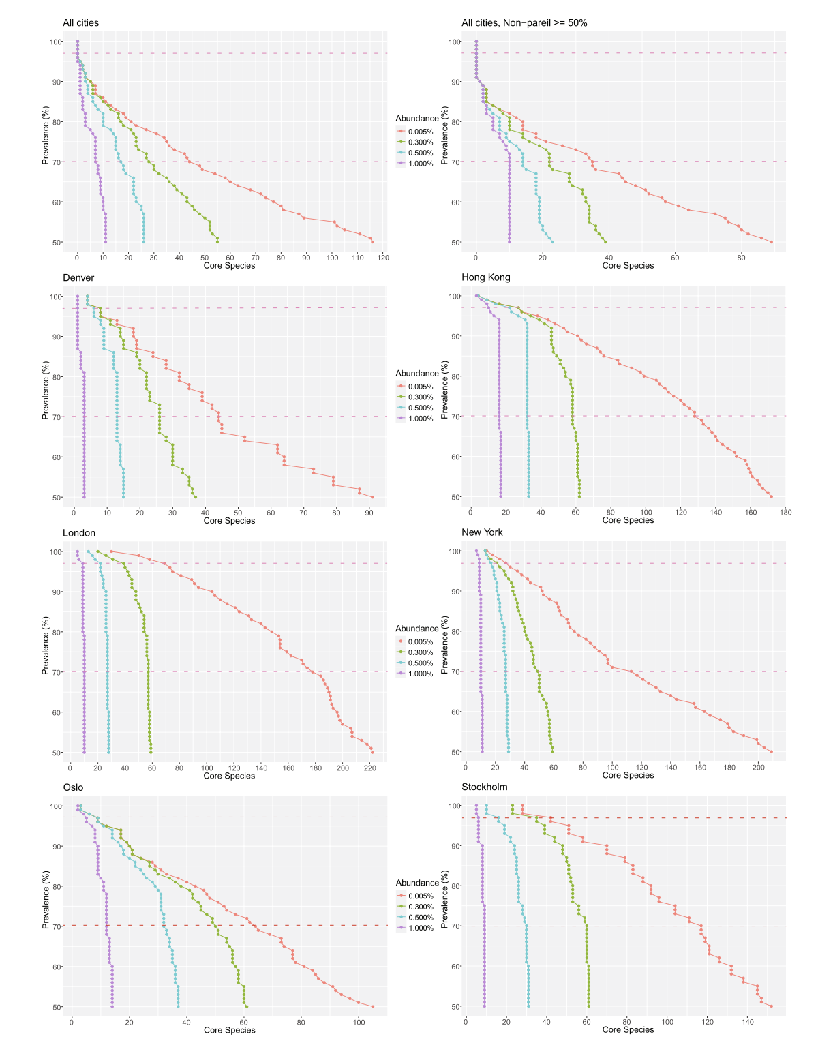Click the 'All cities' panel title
(x=80, y=22)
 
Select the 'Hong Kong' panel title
(x=485, y=277)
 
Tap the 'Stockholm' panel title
(x=484, y=787)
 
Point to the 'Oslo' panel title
(x=73, y=787)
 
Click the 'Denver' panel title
(x=78, y=277)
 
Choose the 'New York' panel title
(x=482, y=532)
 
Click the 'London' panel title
(x=79, y=532)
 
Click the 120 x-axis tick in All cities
(x=382, y=258)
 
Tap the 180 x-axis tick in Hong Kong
(x=785, y=512)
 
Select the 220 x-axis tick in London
(x=370, y=768)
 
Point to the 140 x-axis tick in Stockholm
(x=748, y=1022)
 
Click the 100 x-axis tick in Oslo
(x=359, y=1022)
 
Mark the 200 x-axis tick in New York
(x=759, y=767)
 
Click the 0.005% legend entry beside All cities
(x=420, y=132)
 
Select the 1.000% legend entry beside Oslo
(x=420, y=928)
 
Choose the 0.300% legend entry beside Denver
(x=420, y=397)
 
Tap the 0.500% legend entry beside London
(x=420, y=663)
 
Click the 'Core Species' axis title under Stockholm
(x=628, y=1030)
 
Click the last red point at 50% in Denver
(x=372, y=497)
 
